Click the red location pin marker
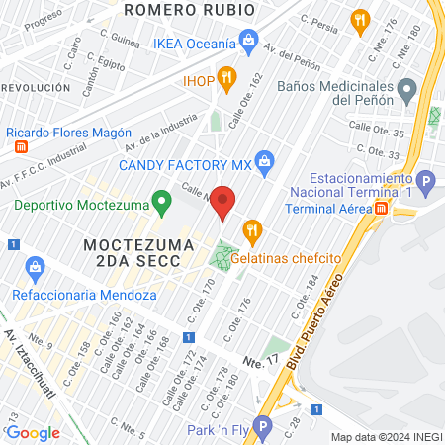223,202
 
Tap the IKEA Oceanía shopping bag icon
248,43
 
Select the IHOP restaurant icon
226,76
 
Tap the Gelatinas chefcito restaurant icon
251,231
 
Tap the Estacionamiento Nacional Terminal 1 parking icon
425,181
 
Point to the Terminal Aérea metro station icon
382,208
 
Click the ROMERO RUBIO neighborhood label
190,10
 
